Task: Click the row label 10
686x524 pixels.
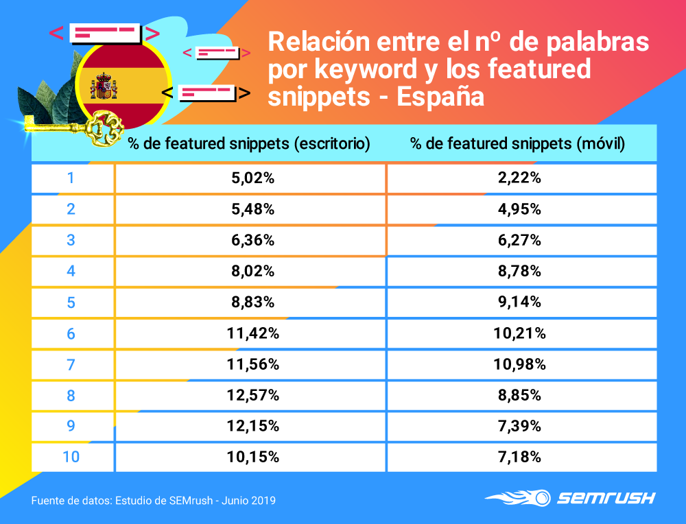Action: pos(71,457)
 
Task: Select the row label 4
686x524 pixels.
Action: pos(71,272)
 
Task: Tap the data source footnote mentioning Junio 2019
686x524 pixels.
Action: pos(154,501)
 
